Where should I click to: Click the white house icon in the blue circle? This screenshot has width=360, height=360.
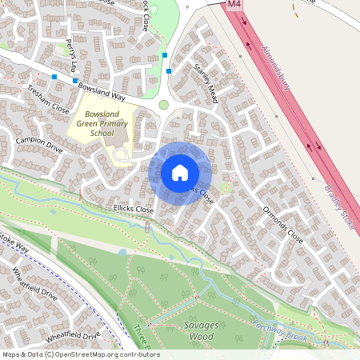[179, 173]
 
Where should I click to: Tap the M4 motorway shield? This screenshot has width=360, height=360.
[234, 5]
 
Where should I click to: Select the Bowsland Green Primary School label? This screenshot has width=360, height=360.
[102, 124]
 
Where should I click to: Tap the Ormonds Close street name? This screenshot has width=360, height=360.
[285, 226]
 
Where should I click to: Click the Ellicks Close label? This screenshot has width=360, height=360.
[133, 208]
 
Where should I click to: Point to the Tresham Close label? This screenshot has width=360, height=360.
[48, 101]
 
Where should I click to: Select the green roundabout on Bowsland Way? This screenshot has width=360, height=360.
[164, 105]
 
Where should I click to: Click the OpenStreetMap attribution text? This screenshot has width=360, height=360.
[80, 354]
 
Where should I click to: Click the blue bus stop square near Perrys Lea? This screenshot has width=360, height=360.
[75, 81]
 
